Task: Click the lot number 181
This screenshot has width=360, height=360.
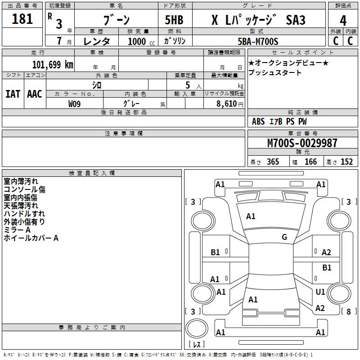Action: click(22, 19)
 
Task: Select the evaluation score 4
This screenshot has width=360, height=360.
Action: click(343, 20)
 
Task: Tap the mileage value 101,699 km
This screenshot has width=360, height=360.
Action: click(53, 64)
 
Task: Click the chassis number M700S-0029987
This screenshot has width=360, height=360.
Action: click(302, 143)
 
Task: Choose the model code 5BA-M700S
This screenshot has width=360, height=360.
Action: click(258, 41)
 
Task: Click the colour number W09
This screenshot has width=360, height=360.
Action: click(75, 104)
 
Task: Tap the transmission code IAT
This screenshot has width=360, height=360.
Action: click(13, 94)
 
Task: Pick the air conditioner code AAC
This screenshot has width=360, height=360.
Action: click(34, 94)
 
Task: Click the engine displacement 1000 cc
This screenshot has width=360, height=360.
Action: click(140, 41)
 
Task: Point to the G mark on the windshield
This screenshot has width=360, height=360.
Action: click(284, 237)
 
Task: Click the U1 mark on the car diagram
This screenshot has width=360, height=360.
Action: click(320, 292)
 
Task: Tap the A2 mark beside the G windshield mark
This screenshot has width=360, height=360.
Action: click(326, 252)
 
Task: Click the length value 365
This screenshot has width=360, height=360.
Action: click(272, 162)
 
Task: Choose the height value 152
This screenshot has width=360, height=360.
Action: click(346, 162)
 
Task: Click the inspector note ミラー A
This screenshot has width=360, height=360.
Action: click(17, 229)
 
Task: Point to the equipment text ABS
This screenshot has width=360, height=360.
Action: click(258, 121)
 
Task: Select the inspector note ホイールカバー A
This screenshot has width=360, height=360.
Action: click(31, 238)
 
